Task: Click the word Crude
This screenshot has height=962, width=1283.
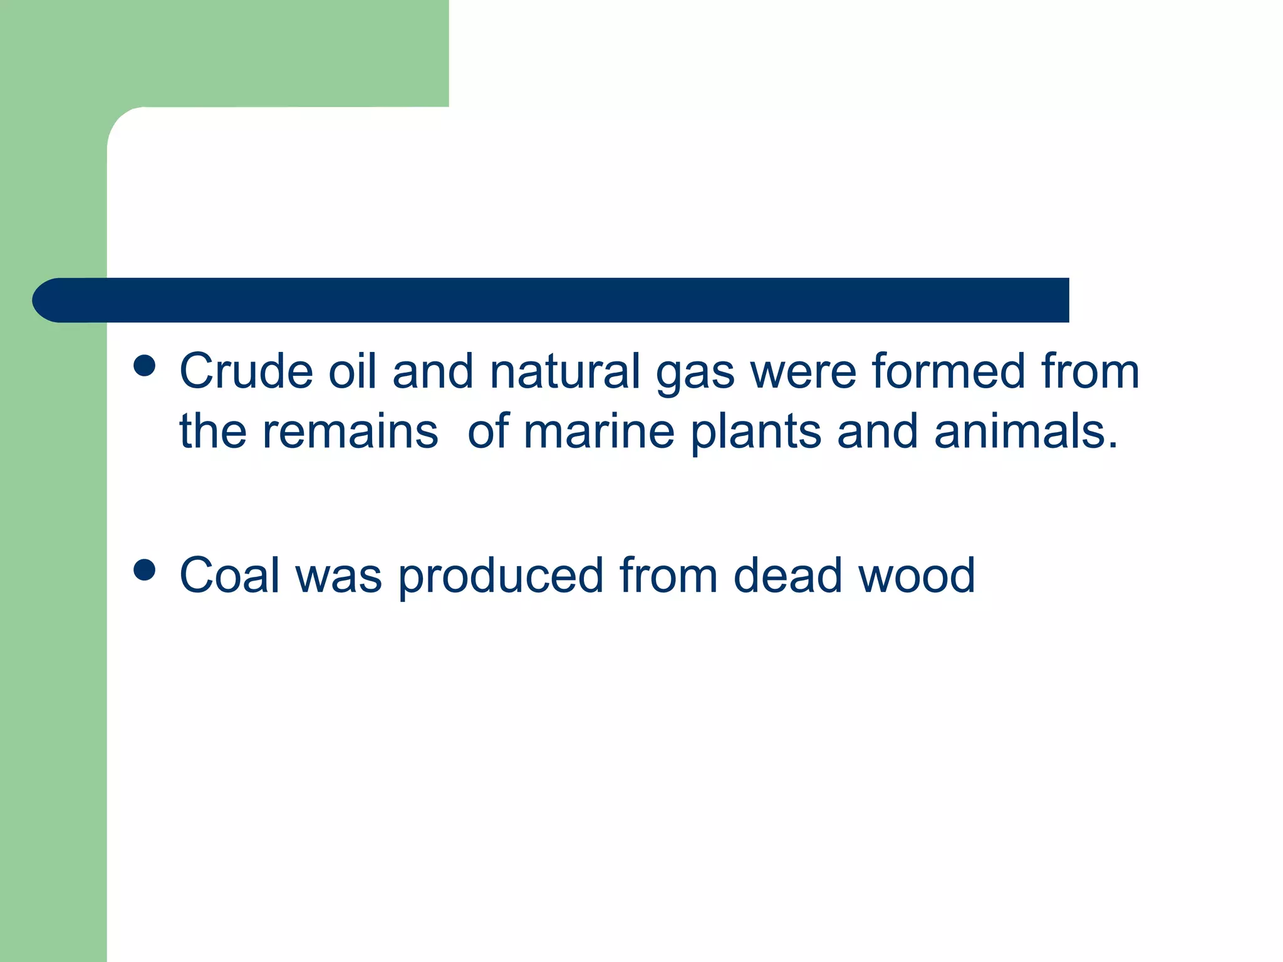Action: [x=246, y=371]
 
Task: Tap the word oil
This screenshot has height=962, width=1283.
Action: [x=353, y=371]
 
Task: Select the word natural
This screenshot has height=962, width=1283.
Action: [x=565, y=371]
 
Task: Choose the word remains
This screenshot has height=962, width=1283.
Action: [x=350, y=432]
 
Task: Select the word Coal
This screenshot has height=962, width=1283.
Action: [x=229, y=576]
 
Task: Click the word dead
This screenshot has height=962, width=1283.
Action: [x=787, y=576]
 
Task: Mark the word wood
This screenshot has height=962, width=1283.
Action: [x=917, y=576]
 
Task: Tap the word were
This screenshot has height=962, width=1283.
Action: [x=803, y=373]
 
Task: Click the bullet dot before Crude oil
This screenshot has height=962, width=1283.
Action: [x=145, y=366]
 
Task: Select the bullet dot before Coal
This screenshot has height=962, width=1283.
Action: [x=145, y=570]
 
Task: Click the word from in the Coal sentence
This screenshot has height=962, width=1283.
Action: [x=668, y=576]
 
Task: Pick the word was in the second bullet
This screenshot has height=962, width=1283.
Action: [x=338, y=577]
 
